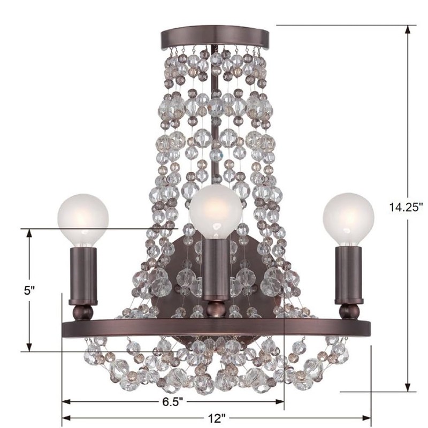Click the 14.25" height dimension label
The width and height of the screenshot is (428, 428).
click(406, 207)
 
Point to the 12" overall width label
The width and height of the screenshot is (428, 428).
click(216, 417)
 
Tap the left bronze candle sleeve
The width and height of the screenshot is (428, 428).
click(83, 276)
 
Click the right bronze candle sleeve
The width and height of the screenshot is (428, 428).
click(349, 276)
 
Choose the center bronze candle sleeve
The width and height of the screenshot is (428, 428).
click(215, 267)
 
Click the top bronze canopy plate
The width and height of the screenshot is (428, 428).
click(215, 36)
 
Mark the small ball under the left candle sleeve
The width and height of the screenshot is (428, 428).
click(83, 312)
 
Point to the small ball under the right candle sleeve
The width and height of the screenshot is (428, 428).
click(349, 311)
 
